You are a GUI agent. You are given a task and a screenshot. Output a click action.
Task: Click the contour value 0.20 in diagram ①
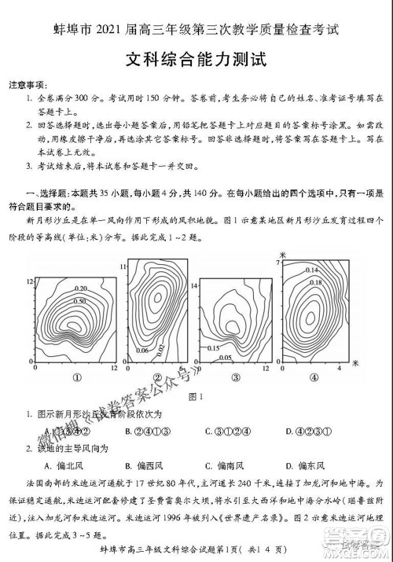coord(58,289)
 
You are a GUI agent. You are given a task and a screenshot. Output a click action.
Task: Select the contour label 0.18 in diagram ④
coord(315,281)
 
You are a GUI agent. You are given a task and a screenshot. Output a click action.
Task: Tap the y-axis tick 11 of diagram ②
coord(123,267)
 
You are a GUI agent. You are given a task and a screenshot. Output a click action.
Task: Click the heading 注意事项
coord(27,84)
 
